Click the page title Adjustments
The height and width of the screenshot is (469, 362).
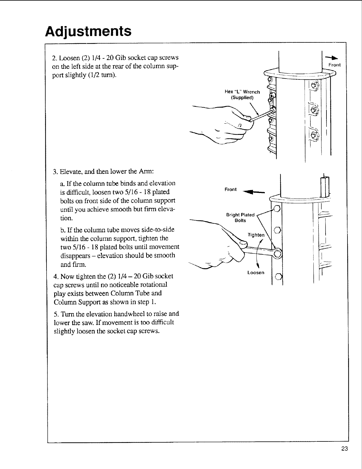[x=88, y=31]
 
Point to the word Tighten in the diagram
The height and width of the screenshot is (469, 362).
[x=256, y=235]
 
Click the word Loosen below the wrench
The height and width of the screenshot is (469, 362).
[x=256, y=272]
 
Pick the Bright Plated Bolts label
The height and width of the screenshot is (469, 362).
[x=240, y=218]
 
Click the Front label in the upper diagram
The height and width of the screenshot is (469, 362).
[x=335, y=65]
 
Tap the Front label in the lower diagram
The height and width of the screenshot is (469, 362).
[x=230, y=189]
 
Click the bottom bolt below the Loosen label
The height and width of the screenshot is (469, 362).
[x=278, y=277]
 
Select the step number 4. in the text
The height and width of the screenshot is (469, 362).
[x=56, y=276]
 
